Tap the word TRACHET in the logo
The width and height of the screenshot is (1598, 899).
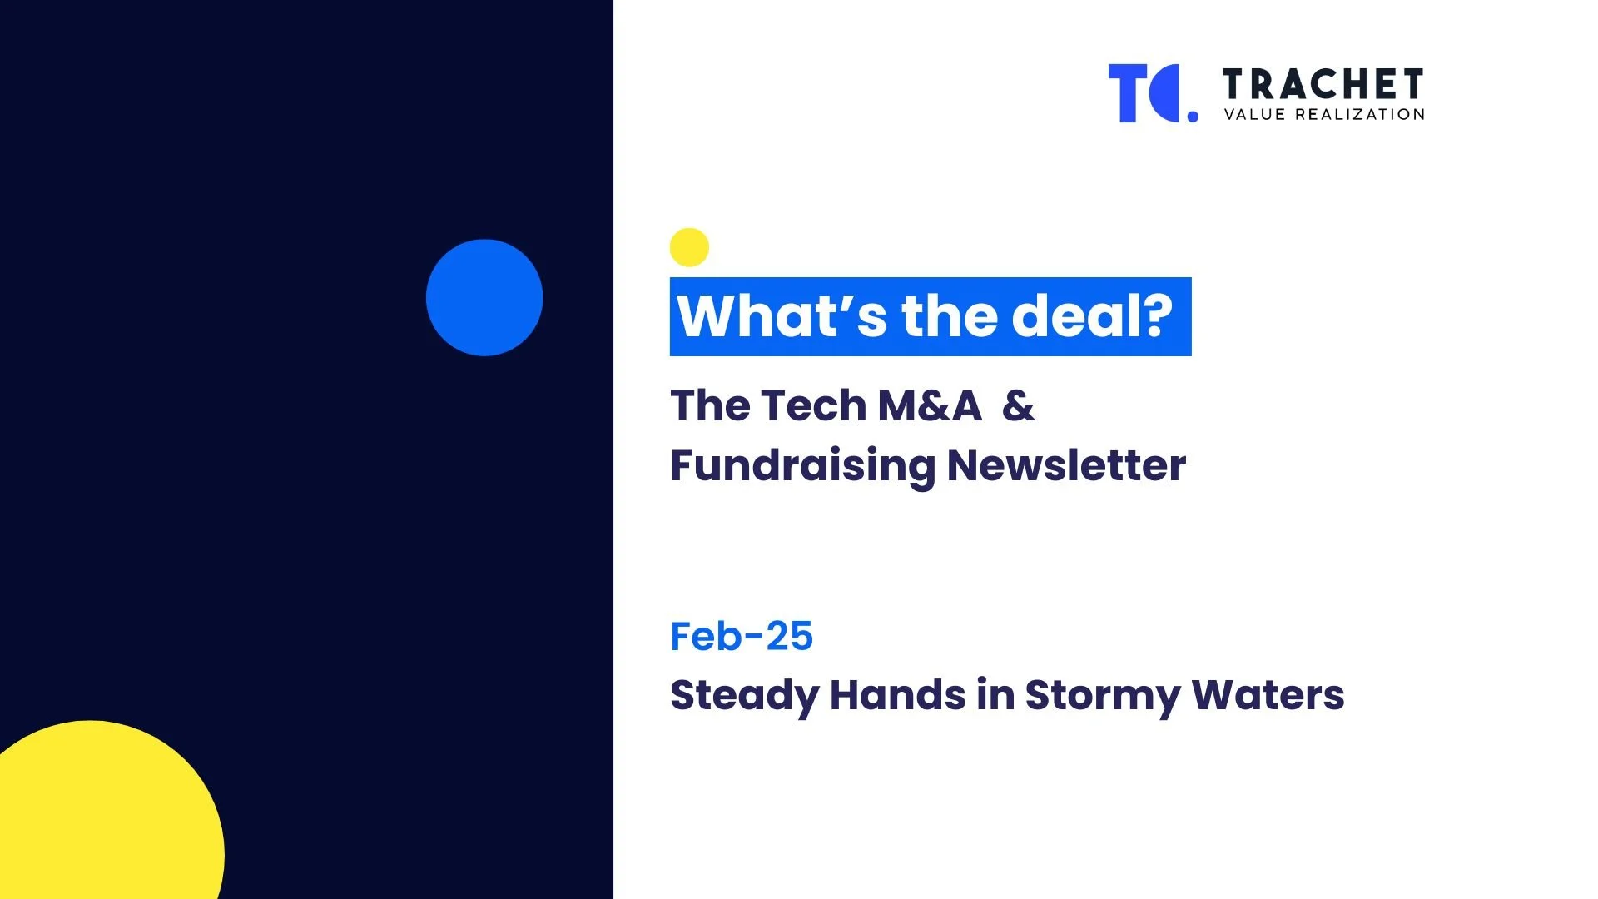tap(1323, 84)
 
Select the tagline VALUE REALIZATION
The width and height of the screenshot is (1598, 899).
tap(1324, 115)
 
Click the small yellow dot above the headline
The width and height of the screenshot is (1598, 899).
tap(689, 247)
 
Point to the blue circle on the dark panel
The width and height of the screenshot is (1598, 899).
tap(484, 297)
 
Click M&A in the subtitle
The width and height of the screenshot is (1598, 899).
tap(930, 406)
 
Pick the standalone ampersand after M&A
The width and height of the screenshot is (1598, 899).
tap(1019, 406)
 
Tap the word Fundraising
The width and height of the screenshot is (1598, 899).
tap(802, 465)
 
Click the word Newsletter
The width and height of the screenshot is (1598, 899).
tap(1066, 465)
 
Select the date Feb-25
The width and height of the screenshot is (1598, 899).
tap(742, 637)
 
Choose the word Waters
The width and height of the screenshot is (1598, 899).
tap(1268, 695)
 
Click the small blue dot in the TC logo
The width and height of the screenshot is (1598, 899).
tap(1193, 117)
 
